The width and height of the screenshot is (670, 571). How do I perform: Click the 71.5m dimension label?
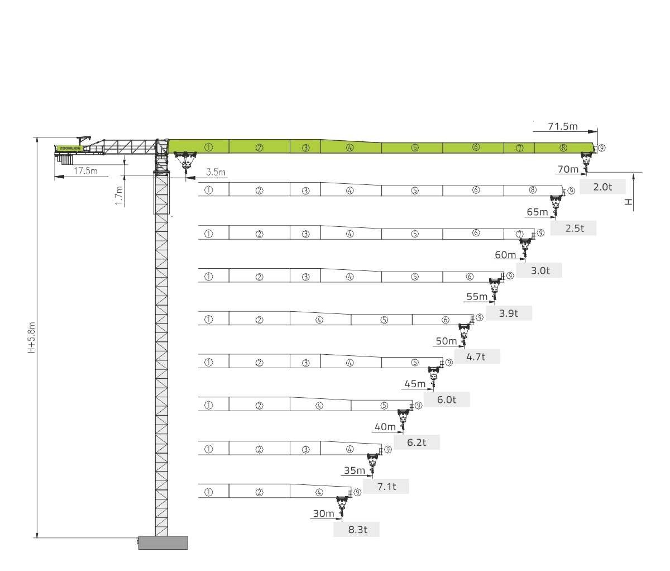pos(562,126)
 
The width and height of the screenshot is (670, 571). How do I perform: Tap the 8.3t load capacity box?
pos(356,530)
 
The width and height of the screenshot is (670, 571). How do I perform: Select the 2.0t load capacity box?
pos(602,187)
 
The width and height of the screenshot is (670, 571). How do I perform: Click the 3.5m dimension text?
pos(216,172)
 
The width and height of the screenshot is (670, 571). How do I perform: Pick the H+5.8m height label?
pos(31,337)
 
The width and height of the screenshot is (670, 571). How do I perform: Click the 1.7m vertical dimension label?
pos(119,196)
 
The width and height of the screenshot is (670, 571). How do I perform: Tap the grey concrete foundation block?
pos(163,543)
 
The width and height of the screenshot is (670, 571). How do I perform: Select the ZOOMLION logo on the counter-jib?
pos(70,148)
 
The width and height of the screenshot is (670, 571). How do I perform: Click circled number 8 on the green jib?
pos(563,147)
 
